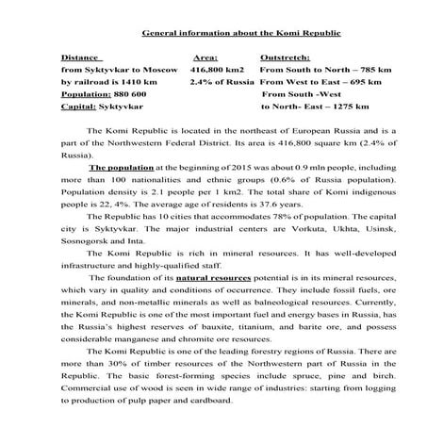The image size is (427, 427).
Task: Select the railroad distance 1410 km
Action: [140, 82]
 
